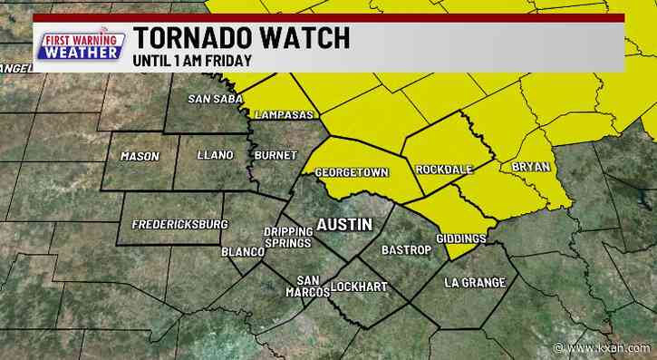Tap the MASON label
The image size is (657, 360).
point(140,156)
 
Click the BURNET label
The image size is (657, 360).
point(275,155)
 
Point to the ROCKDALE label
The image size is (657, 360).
point(446,170)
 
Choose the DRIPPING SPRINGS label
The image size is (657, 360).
point(286,238)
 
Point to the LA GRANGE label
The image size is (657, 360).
point(475,283)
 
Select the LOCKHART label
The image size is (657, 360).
point(358,287)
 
